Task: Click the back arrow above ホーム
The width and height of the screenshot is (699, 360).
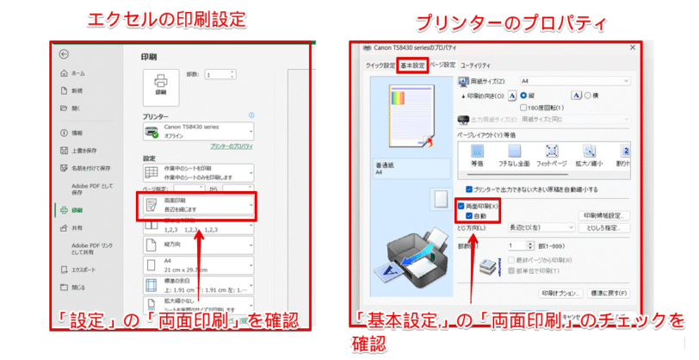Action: tap(64, 53)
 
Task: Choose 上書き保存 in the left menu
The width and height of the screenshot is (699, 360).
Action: tap(84, 150)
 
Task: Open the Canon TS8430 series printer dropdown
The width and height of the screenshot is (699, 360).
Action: tap(197, 131)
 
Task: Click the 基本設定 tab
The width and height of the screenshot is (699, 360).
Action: tap(412, 65)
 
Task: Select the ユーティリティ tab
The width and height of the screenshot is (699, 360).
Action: tap(476, 65)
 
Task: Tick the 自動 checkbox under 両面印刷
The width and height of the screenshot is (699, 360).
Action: tap(468, 216)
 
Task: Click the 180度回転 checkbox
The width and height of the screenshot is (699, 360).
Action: tap(524, 106)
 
